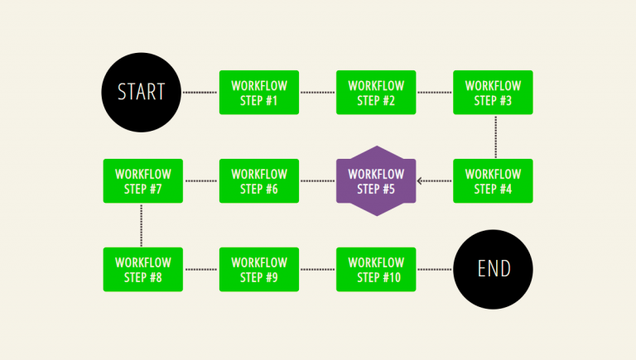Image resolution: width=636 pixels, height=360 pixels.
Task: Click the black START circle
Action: [141, 92]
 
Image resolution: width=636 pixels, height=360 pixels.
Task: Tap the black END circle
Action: [494, 269]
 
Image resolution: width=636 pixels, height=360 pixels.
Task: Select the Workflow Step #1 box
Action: [259, 93]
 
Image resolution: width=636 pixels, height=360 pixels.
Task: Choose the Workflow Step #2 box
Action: [376, 93]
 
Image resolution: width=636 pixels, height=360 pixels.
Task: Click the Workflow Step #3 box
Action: [493, 93]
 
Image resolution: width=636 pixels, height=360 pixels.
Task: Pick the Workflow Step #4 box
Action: [493, 180]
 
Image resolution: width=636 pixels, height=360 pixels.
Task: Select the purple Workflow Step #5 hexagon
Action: [376, 180]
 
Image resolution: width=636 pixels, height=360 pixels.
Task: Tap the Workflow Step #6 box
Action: [259, 180]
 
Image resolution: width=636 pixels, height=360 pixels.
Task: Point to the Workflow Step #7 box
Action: [142, 180]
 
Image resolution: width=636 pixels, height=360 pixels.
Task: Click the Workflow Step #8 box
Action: [142, 269]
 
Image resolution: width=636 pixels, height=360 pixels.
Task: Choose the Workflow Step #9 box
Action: [259, 269]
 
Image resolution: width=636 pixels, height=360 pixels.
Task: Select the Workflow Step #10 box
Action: [376, 269]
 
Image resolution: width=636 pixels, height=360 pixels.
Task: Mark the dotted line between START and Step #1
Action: [200, 93]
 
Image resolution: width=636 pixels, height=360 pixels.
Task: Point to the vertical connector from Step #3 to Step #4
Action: [495, 137]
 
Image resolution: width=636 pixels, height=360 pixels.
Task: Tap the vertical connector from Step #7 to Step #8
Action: [142, 224]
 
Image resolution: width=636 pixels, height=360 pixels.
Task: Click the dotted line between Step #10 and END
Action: [435, 269]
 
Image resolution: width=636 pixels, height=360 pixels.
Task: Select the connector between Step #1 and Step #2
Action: [317, 93]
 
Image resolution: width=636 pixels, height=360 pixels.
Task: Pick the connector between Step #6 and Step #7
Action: [200, 180]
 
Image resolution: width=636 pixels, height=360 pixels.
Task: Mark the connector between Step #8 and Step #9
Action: [200, 269]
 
